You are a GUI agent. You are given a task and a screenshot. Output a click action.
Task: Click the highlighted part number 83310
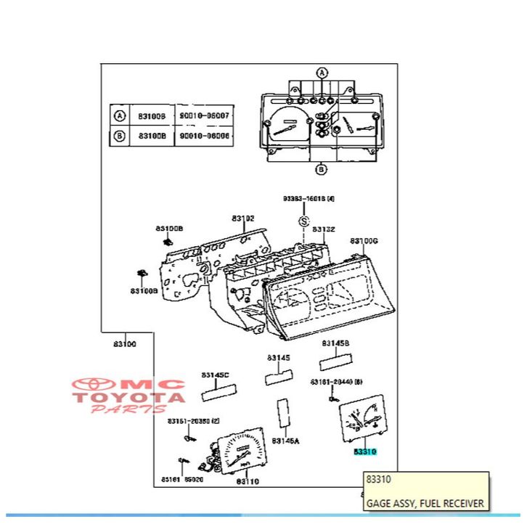(x=366, y=452)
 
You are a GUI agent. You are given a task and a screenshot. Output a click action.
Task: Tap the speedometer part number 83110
(x=247, y=481)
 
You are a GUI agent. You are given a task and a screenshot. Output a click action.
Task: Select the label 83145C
(x=216, y=375)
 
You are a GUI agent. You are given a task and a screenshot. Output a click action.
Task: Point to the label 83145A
(x=286, y=441)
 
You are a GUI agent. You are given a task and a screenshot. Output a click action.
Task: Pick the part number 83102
(x=243, y=218)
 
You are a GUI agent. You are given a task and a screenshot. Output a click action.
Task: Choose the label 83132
(x=324, y=229)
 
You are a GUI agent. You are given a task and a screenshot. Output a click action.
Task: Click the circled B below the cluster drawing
(x=322, y=170)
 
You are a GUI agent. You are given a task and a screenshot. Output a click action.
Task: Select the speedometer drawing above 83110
(x=240, y=450)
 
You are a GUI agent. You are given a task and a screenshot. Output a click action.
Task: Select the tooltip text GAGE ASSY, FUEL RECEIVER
(x=425, y=502)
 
